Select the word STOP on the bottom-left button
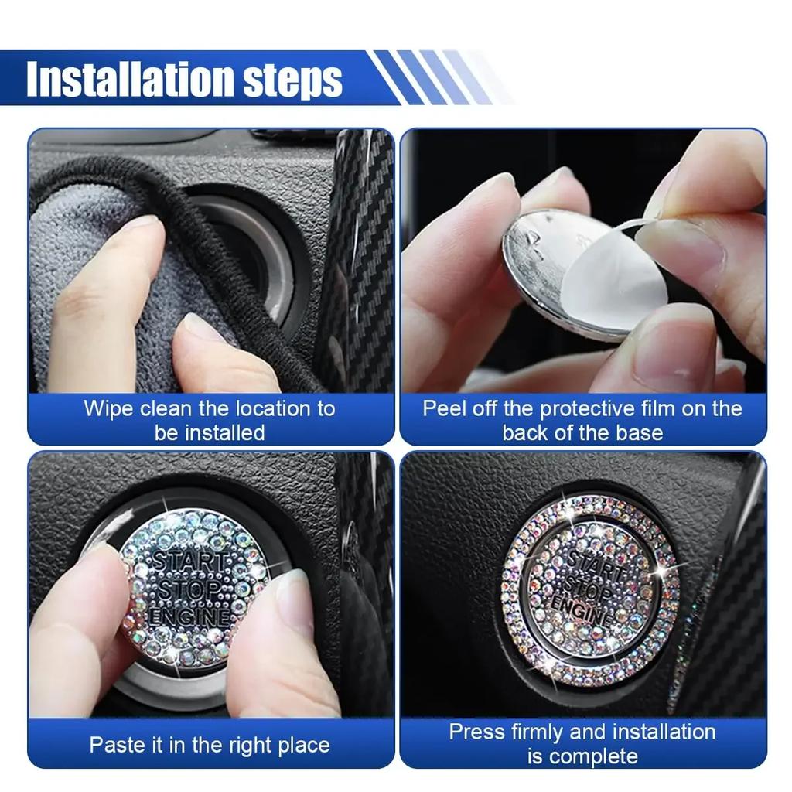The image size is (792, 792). click(x=189, y=589)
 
